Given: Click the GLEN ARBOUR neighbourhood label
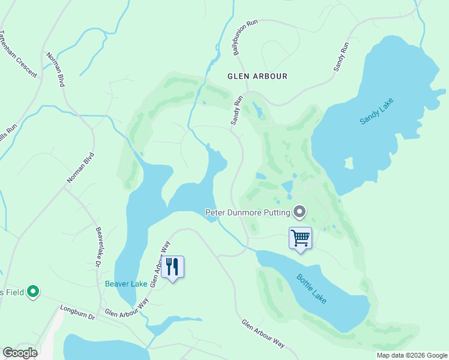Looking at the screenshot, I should (257, 76).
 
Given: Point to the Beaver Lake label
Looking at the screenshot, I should (126, 284).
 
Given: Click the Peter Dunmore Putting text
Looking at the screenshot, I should (247, 212).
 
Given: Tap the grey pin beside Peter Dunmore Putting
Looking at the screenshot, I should (300, 212).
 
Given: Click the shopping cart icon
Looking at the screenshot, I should (300, 238).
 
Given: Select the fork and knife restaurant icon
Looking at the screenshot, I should (172, 267).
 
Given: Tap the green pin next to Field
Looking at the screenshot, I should (33, 292).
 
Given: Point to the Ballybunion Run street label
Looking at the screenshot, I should (246, 37).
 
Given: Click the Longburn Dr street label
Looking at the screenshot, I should (78, 313).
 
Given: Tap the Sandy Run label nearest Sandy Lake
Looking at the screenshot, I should (342, 57).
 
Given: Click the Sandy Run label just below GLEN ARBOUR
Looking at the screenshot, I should (237, 110).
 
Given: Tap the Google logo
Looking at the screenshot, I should (20, 353).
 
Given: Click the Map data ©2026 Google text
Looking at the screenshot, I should (411, 355).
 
